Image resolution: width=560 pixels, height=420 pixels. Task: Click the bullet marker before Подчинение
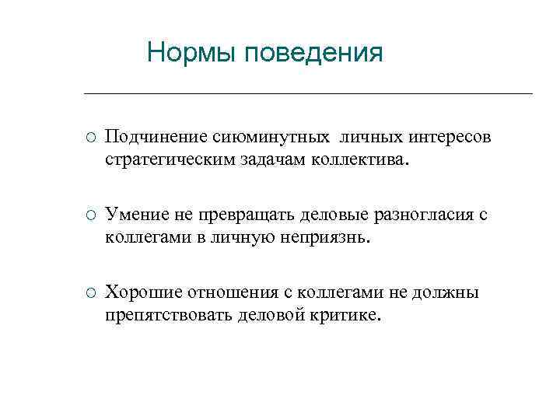90,138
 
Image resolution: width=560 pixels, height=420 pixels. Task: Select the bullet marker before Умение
90,215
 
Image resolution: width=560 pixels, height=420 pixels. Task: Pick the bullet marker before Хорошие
90,293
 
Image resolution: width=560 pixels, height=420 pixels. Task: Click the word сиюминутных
250,138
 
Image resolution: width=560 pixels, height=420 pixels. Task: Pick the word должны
450,293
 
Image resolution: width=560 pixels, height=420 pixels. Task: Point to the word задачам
266,160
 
